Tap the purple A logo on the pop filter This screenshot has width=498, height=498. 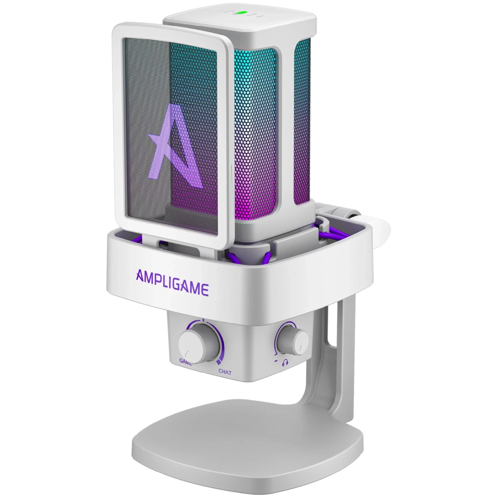point(175,145)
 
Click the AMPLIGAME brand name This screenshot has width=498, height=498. point(172,282)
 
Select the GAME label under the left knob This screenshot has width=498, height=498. point(186,362)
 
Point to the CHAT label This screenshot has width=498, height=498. point(225,372)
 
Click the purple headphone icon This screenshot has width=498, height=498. point(285,363)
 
